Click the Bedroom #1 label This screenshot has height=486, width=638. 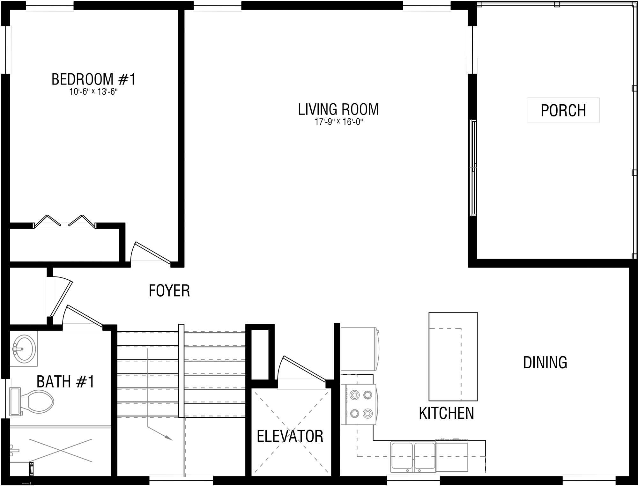coord(93,79)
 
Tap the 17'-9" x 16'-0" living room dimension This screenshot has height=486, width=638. coord(339,122)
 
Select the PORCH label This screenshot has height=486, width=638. coord(563,110)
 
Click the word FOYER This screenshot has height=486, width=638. coord(169,291)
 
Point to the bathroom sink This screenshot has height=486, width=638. coord(24,348)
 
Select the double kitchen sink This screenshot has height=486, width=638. coord(413,457)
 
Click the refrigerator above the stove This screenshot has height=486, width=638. coord(359,349)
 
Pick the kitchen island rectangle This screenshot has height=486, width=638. coord(453,356)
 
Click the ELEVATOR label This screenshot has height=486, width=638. coord(290,436)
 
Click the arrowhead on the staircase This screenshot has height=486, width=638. coord(168,438)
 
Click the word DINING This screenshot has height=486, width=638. coord(545,363)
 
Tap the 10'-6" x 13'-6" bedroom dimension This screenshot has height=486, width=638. coord(93,92)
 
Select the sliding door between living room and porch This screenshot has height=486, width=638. coord(474,168)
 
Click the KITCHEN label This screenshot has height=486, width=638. coord(446,413)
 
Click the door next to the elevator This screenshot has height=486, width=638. coord(303,368)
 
